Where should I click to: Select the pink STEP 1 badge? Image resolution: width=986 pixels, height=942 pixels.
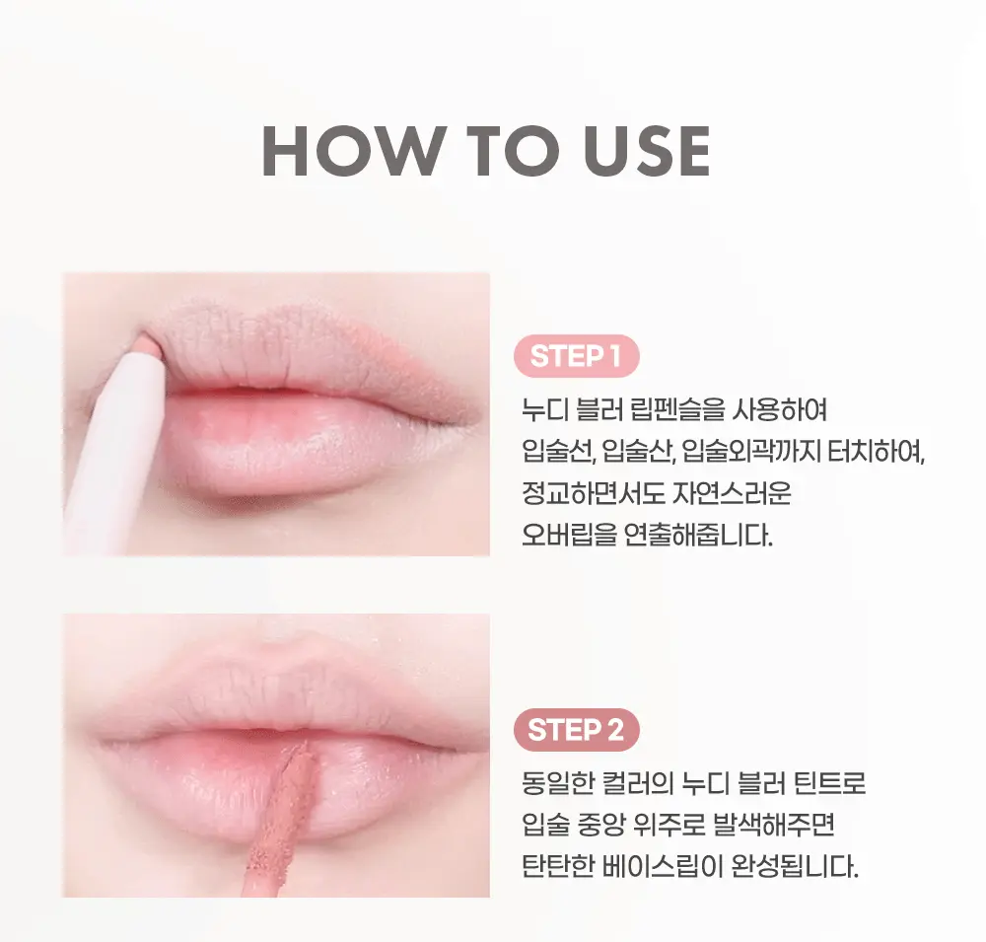(x=577, y=357)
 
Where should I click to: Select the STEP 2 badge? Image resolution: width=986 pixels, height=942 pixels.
(x=577, y=731)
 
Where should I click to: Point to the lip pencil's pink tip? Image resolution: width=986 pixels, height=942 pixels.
(x=151, y=342)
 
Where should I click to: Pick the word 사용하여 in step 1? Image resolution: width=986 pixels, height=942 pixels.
(x=757, y=410)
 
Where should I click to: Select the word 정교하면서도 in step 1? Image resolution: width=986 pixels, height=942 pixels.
(x=593, y=494)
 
